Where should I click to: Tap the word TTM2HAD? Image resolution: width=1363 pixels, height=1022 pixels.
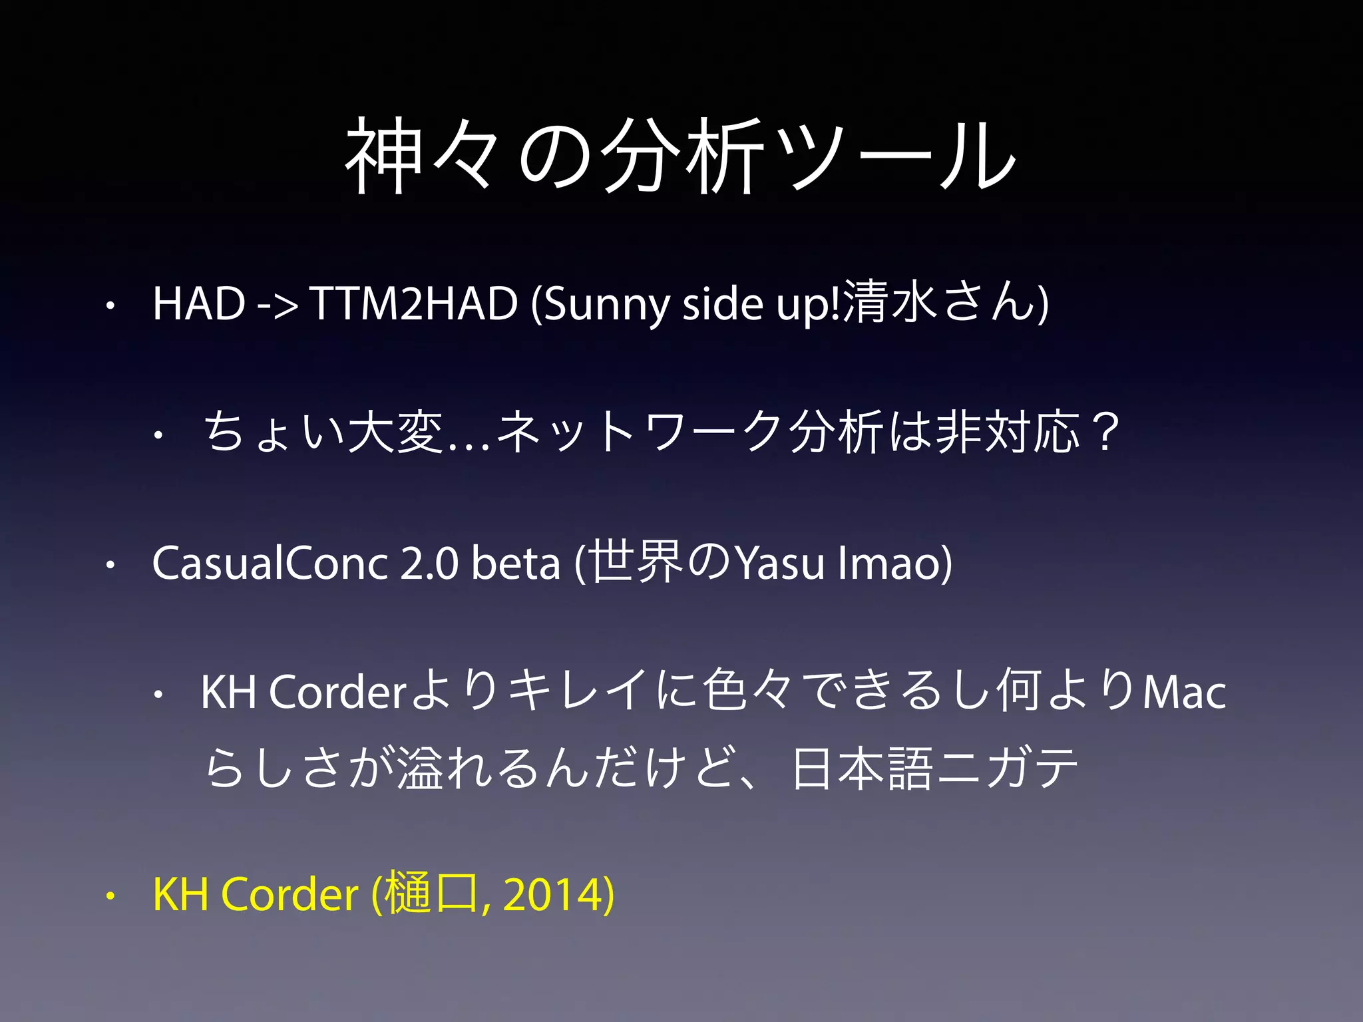413,303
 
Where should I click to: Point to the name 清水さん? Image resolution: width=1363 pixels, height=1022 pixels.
938,303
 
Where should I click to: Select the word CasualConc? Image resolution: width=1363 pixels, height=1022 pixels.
270,563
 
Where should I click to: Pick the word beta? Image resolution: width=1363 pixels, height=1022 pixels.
516,563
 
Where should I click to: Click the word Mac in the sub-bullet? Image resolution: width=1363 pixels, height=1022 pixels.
1185,692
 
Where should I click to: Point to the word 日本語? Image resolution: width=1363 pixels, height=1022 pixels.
863,768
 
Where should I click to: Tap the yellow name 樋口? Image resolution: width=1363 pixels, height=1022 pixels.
430,895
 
